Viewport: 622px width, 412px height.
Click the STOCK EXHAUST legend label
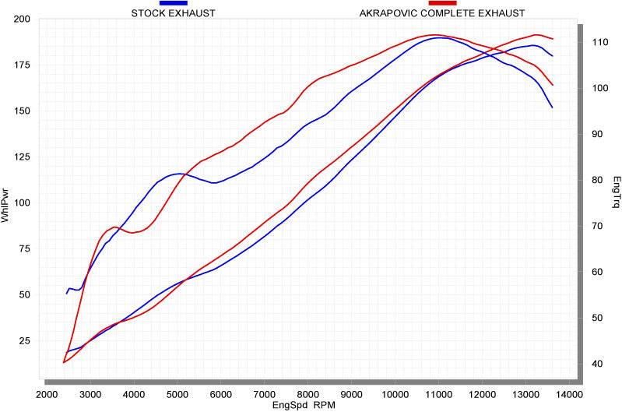pyautogui.click(x=173, y=13)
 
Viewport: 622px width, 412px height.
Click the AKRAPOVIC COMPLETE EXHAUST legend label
pyautogui.click(x=441, y=13)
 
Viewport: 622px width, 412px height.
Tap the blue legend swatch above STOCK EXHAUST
pyautogui.click(x=173, y=4)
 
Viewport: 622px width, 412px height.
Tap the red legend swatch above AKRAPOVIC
pyautogui.click(x=442, y=4)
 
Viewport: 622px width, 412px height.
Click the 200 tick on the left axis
pyautogui.click(x=22, y=19)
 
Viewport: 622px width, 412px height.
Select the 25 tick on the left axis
pyautogui.click(x=24, y=341)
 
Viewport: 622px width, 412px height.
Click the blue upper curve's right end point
pyautogui.click(x=552, y=107)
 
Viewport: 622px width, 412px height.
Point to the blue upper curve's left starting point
pyautogui.click(x=66, y=294)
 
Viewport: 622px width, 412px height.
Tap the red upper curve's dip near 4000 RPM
pyautogui.click(x=133, y=233)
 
